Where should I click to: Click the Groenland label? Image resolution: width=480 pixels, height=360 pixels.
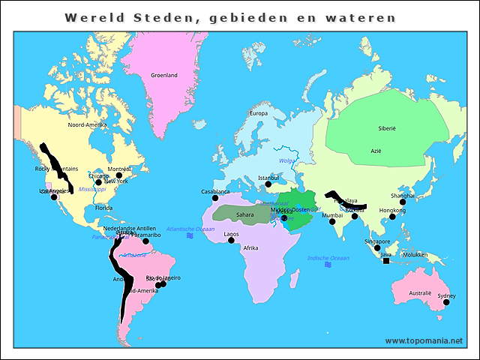pyautogui.click(x=163, y=75)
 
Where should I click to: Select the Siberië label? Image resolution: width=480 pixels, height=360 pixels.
pyautogui.click(x=386, y=128)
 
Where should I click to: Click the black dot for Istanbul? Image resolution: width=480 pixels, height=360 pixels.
pyautogui.click(x=268, y=184)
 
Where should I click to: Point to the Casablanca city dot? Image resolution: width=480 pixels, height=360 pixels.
pyautogui.click(x=214, y=198)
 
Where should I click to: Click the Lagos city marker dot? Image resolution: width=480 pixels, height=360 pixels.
pyautogui.click(x=231, y=241)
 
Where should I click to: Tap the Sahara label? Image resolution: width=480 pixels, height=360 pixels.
pyautogui.click(x=244, y=214)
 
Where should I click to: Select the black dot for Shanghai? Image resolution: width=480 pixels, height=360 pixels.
pyautogui.click(x=403, y=202)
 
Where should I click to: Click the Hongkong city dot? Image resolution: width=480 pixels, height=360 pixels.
pyautogui.click(x=392, y=217)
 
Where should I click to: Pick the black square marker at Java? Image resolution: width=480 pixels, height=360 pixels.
pyautogui.click(x=386, y=261)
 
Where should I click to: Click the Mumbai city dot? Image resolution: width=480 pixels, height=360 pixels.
pyautogui.click(x=332, y=222)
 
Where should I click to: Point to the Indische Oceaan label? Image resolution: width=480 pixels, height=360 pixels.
pyautogui.click(x=328, y=258)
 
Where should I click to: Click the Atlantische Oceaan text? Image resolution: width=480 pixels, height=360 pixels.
pyautogui.click(x=190, y=229)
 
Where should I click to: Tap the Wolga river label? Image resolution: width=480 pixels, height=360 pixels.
pyautogui.click(x=287, y=160)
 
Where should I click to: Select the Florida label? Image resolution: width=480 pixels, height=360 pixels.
pyautogui.click(x=103, y=208)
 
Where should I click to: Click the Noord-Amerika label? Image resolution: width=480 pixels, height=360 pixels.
pyautogui.click(x=87, y=124)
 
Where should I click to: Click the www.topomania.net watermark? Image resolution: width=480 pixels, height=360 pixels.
pyautogui.click(x=424, y=340)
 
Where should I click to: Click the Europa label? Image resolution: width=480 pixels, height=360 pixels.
pyautogui.click(x=258, y=113)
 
